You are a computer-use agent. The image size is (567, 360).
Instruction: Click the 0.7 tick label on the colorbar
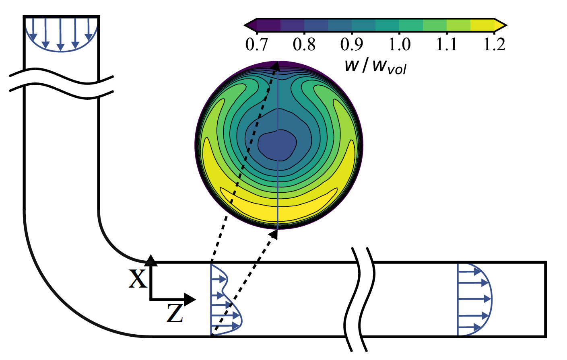256,44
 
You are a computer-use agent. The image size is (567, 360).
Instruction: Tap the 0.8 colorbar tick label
304,44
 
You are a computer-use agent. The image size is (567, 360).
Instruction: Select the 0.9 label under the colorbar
352,44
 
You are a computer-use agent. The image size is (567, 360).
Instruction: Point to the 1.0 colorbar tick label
400,44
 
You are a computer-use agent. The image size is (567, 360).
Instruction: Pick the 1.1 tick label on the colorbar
447,44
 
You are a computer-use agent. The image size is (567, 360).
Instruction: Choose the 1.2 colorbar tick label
495,44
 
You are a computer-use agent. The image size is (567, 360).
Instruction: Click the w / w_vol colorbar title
375,65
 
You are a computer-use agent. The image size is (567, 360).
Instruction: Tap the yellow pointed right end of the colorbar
501,25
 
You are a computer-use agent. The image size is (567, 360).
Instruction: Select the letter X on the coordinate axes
138,278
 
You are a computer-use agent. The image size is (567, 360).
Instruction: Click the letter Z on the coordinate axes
175,313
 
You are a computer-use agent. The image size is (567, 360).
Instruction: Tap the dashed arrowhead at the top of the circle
275,66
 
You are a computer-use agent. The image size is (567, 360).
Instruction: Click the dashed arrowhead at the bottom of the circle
275,233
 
